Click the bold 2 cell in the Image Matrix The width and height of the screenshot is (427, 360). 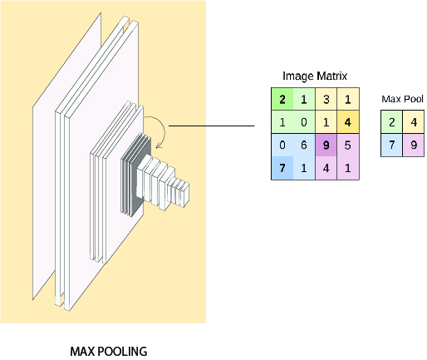(282, 99)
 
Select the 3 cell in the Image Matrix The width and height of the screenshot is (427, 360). (326, 99)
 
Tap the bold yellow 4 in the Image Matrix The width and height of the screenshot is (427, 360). (348, 122)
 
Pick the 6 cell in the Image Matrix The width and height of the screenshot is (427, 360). (304, 145)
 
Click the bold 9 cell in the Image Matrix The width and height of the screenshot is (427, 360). (326, 145)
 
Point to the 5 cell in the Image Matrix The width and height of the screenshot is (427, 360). (348, 145)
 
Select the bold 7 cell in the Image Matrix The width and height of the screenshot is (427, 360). (282, 168)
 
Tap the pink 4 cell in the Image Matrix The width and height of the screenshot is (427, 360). (326, 168)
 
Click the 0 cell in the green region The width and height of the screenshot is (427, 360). (304, 122)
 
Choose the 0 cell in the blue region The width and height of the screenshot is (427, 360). (282, 145)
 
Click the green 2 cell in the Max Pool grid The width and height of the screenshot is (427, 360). (391, 122)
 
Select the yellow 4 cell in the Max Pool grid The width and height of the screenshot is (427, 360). (414, 122)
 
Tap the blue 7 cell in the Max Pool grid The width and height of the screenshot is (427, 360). (391, 145)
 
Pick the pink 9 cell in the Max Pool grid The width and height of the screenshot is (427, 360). (414, 145)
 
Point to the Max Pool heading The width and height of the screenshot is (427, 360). (402, 99)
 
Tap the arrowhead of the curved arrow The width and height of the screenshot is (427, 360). (159, 145)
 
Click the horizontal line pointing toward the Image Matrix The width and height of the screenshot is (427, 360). (212, 126)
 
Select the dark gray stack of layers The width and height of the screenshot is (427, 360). (135, 175)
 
